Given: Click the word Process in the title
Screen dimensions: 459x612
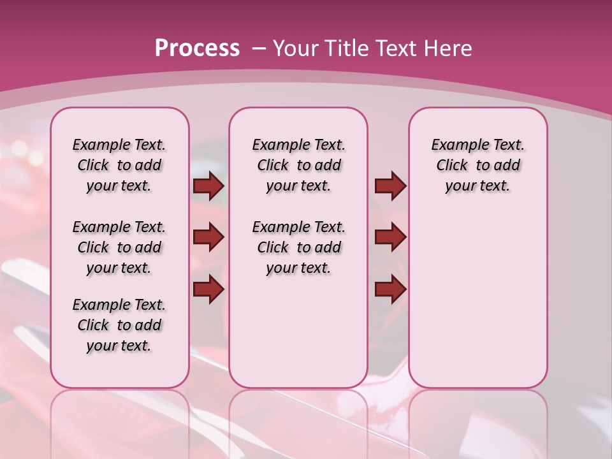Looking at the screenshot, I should coord(197,48).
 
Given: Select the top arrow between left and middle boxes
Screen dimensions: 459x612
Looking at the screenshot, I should coord(208,186).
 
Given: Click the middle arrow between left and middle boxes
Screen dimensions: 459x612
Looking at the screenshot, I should coord(208,237).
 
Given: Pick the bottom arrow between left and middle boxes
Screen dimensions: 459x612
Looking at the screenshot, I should coord(208,289).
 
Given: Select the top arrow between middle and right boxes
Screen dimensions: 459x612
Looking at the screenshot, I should coord(390,186).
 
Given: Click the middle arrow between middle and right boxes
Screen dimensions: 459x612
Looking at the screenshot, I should coord(390,237).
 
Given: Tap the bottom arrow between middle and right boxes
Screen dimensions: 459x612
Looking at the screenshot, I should coord(390,289).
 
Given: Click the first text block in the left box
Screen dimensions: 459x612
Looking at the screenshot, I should coord(119,165).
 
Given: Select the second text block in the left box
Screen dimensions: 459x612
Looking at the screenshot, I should coord(119,247).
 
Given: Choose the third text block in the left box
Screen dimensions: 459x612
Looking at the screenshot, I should coord(119,325).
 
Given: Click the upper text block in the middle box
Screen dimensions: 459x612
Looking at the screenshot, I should coord(298,165).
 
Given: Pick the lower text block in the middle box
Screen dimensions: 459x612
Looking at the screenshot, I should coord(298,247).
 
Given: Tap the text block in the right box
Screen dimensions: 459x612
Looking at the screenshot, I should coord(477,165).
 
